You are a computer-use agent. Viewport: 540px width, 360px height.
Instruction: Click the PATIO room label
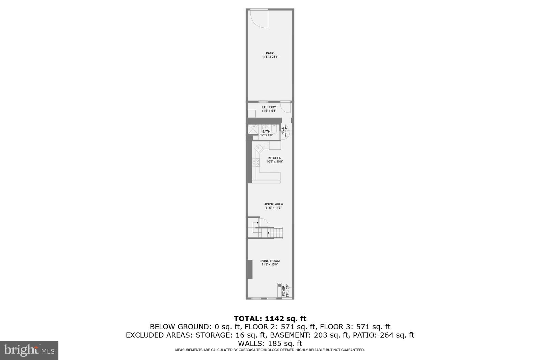(270, 53)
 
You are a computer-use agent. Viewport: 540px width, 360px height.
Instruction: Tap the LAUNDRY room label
(269, 107)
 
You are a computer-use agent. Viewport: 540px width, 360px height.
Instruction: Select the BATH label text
(266, 132)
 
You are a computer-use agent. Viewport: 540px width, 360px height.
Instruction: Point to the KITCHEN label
(275, 158)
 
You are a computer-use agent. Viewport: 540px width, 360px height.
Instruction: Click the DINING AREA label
(273, 204)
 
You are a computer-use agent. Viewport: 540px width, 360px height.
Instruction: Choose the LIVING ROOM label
(270, 261)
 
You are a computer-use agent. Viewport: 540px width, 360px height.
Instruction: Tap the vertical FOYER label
(283, 291)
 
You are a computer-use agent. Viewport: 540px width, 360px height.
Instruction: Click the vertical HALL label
(283, 131)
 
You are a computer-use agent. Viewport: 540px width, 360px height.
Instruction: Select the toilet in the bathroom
(274, 130)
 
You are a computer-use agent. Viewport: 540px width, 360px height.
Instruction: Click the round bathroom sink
(266, 127)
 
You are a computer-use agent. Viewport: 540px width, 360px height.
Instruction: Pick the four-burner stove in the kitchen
(257, 162)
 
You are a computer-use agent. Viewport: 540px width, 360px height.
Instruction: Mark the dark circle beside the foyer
(279, 286)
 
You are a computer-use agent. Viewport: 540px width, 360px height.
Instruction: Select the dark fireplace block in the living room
(250, 269)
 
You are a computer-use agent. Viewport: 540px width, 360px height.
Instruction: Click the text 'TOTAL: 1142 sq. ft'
(270, 318)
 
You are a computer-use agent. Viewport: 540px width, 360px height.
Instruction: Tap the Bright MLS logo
(29, 350)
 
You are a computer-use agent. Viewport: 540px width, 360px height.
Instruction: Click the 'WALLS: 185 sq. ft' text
(270, 344)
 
